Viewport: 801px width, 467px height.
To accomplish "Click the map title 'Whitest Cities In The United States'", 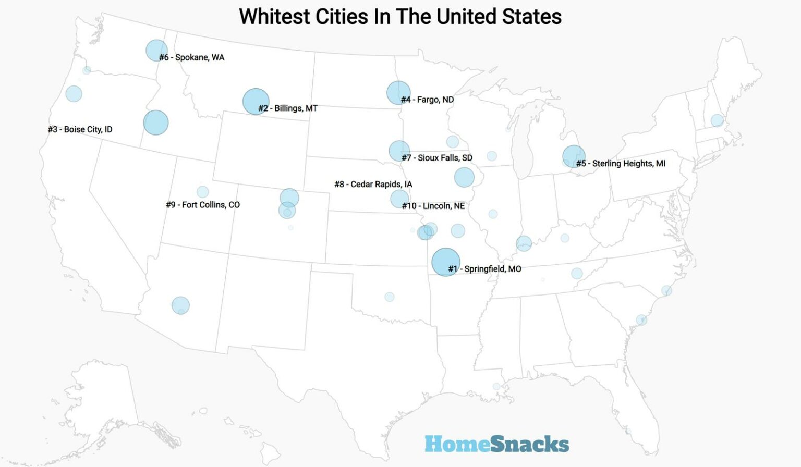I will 400,17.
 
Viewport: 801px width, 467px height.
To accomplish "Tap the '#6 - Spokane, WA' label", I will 192,57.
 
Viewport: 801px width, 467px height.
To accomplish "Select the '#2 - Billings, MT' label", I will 288,108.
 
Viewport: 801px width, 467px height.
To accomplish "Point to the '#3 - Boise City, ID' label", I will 80,129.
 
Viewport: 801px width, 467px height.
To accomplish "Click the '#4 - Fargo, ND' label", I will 427,100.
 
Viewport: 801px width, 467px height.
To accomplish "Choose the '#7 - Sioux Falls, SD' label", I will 437,158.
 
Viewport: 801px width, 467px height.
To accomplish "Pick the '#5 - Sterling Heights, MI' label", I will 621,164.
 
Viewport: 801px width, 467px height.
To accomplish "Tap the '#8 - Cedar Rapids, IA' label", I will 373,185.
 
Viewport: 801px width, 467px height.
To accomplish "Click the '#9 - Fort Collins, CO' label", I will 203,205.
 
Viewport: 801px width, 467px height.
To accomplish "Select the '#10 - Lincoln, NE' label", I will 433,206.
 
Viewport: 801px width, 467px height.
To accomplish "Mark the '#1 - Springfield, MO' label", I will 485,269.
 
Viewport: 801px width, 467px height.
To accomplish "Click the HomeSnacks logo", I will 496,444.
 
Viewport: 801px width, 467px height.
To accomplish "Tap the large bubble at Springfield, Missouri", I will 445,262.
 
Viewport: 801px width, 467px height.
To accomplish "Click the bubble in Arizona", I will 180,305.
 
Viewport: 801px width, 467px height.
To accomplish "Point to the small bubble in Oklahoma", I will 390,297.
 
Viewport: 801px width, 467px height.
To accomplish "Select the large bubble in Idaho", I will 156,122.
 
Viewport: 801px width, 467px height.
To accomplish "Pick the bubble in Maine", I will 717,120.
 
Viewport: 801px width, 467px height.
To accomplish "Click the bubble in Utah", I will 202,192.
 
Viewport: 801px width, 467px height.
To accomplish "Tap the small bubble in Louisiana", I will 496,386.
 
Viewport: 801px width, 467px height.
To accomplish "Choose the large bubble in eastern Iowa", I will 464,177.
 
